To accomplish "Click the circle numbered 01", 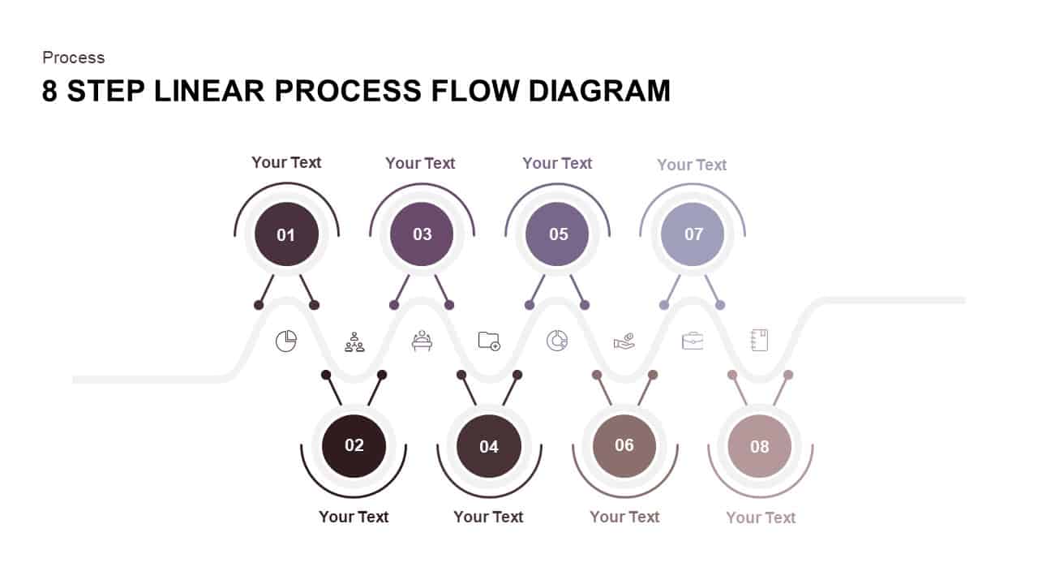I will tap(286, 234).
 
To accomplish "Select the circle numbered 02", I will tap(354, 445).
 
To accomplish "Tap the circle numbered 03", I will tap(422, 234).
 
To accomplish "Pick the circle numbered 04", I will tap(488, 446).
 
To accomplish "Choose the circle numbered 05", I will tap(557, 234).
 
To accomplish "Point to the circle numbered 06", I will tap(624, 445).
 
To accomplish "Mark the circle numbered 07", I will tap(693, 234).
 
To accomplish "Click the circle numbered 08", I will tap(759, 446).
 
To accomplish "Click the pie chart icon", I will tap(286, 341).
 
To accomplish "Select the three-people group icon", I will tap(354, 341).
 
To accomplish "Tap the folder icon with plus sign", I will tap(489, 341).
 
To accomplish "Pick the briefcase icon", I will tap(692, 341).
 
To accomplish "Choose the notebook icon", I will tap(759, 341).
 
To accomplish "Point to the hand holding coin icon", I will tap(624, 341).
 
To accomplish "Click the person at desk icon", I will tap(422, 341).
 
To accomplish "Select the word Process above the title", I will tap(74, 58).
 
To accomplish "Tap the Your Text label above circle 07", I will tap(692, 165).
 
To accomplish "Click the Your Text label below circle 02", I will tap(354, 517).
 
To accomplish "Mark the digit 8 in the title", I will tap(50, 91).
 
